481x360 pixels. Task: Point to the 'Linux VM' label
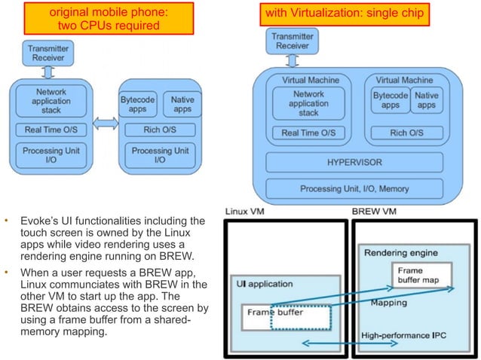pos(244,212)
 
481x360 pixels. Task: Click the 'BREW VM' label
pos(375,212)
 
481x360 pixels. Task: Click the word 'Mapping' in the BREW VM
pos(391,303)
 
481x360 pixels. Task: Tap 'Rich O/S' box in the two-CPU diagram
pos(159,129)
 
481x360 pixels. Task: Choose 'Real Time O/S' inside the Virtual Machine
pos(309,133)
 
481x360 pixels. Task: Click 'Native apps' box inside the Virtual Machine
pos(427,101)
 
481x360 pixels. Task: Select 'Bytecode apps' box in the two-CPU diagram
pos(136,104)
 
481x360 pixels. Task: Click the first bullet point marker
pos(6,221)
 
